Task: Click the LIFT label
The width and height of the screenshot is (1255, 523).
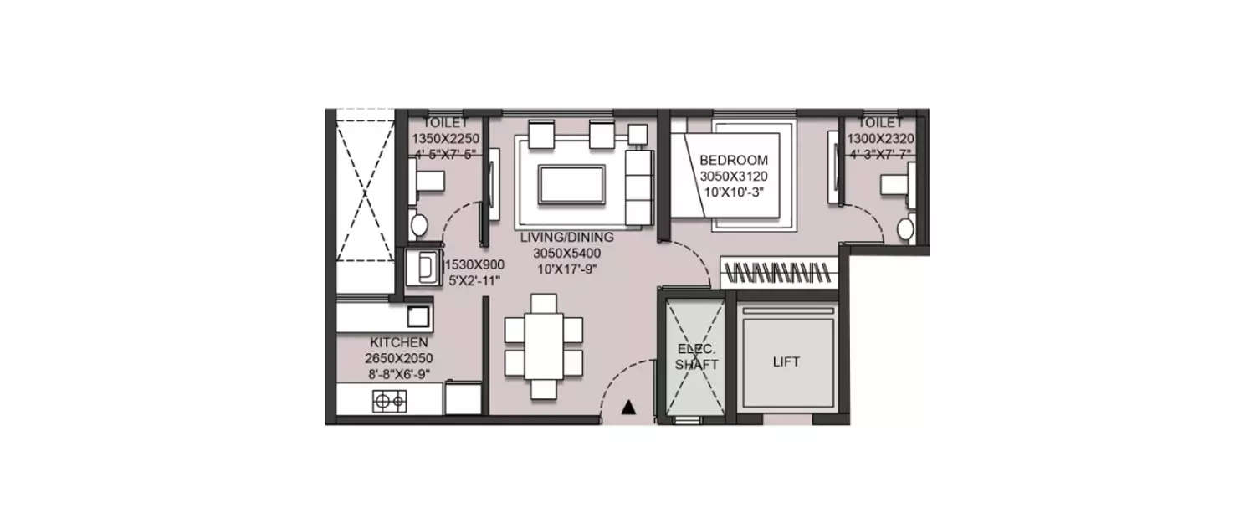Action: pos(786,362)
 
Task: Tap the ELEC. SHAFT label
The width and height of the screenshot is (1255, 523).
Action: pos(696,357)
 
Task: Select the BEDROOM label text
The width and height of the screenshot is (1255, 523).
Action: pos(733,160)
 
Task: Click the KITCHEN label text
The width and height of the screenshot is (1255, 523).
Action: pos(398,342)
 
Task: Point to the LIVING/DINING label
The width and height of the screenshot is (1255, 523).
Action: pos(566,237)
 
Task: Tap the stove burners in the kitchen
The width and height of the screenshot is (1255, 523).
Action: pos(389,403)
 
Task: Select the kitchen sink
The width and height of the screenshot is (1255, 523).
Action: pos(418,315)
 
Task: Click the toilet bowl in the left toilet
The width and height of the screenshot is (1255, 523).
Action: pos(418,223)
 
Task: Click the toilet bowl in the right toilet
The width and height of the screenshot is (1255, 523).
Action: pos(904,228)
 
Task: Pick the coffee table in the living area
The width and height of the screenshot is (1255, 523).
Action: pos(571,184)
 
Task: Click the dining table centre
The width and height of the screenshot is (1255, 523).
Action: pos(543,345)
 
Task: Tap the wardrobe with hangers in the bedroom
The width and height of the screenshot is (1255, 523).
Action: pos(779,272)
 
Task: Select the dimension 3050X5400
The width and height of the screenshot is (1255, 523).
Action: pos(566,253)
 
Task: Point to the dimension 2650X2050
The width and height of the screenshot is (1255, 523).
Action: pos(398,358)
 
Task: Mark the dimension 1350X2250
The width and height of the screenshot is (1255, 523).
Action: pos(443,139)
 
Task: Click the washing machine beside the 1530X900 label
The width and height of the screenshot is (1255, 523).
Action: pos(424,268)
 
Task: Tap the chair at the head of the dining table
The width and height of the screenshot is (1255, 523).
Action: pos(543,302)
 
